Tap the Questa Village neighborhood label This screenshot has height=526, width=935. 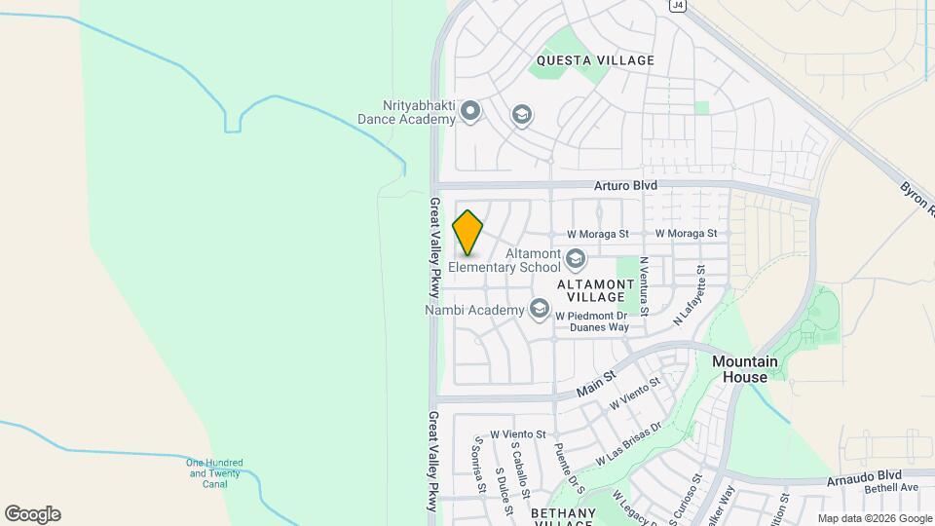[595, 60]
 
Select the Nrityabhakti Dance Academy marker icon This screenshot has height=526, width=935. [470, 112]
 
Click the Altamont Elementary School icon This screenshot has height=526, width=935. [576, 258]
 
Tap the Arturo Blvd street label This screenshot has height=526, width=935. [626, 185]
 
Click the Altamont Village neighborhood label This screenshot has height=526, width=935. [590, 289]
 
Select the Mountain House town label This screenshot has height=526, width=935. [746, 368]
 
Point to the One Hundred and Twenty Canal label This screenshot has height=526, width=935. [214, 472]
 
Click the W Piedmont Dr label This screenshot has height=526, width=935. [590, 316]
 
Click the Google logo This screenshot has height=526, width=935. [32, 514]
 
